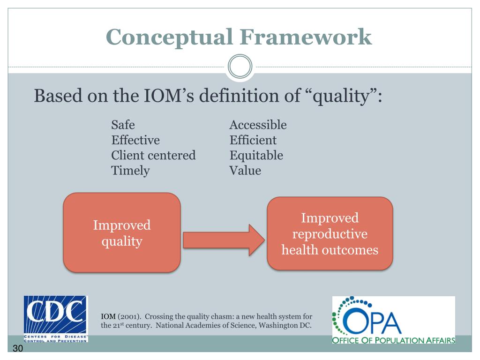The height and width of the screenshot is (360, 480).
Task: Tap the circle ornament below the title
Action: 240,67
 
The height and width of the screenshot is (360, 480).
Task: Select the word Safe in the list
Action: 123,125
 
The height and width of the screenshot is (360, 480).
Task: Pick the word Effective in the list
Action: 135,140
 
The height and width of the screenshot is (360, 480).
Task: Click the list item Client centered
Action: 153,155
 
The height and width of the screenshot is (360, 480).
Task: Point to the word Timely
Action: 130,170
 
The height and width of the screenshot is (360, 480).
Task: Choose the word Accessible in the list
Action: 258,125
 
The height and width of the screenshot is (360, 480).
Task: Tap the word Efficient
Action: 253,140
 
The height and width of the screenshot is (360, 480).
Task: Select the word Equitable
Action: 256,155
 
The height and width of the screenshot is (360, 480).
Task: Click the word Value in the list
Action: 245,170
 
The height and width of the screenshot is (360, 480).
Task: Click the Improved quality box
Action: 122,233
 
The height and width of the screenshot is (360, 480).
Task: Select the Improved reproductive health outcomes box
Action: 330,233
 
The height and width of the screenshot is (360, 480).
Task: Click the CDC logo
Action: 56,319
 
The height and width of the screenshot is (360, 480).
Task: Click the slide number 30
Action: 18,350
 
